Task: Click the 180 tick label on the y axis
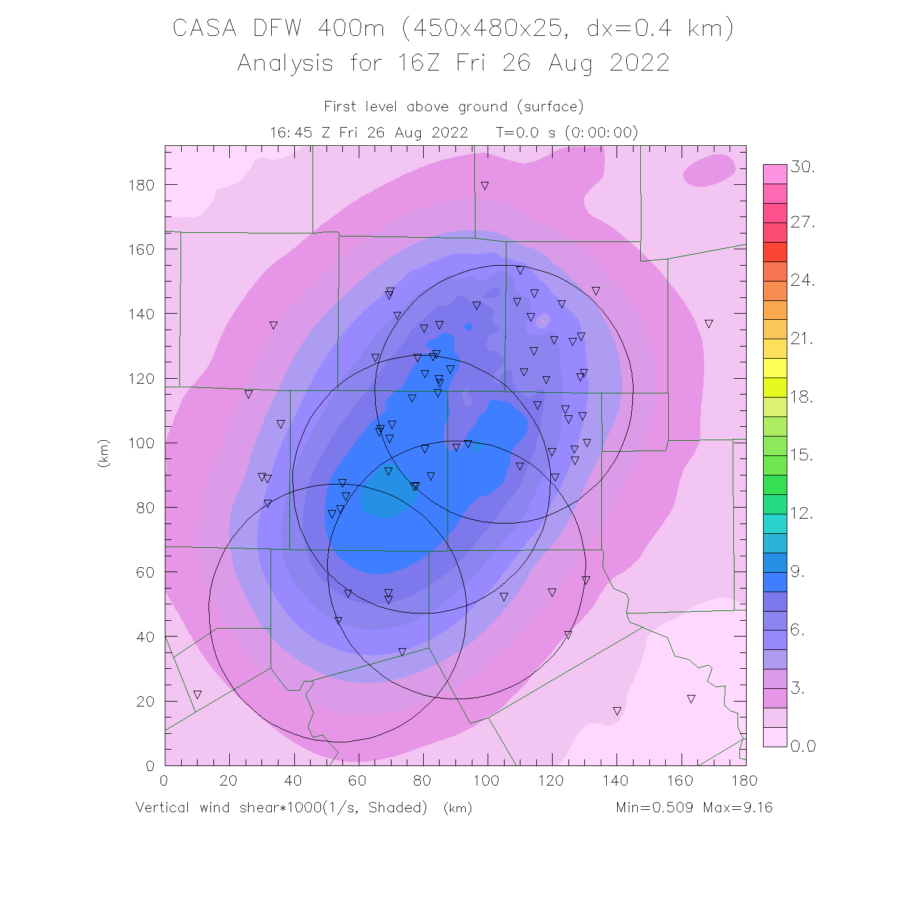coord(141,185)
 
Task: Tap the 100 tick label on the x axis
coord(486,781)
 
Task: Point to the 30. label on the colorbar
coord(803,167)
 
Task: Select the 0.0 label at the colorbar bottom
coord(803,746)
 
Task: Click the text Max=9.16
coord(738,807)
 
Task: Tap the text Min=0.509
coord(654,807)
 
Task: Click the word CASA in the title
coord(204,28)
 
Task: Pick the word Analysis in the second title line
coord(285,63)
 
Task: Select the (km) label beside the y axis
coord(103,453)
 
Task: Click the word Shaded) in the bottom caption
coord(398,807)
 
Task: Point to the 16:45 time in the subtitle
coord(288,133)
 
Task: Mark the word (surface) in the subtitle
coord(550,107)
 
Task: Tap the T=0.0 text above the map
coord(517,133)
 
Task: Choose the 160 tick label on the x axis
coord(679,781)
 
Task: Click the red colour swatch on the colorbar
coord(775,252)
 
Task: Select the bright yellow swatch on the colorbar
coord(775,368)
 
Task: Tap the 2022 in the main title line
coord(640,63)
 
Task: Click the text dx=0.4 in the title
coord(629,28)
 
